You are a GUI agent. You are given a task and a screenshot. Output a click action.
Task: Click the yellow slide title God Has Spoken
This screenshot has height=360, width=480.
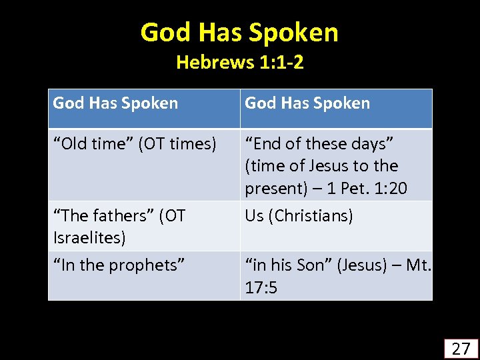[x=239, y=33]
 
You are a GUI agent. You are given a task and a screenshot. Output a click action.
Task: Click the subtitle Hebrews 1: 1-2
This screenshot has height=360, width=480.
[x=239, y=63]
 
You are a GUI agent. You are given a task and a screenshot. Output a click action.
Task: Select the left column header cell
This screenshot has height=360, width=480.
[x=144, y=108]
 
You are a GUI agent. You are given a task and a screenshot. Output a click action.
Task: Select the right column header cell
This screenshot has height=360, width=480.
[x=336, y=108]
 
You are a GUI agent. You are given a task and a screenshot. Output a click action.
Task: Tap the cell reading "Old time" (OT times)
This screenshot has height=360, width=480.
[x=144, y=164]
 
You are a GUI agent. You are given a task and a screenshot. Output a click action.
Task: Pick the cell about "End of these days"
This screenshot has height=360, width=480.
[x=336, y=165]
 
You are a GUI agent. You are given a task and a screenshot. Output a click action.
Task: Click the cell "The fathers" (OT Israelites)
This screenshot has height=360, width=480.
[x=144, y=226]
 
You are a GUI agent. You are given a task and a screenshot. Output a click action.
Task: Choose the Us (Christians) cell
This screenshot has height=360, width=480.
[x=336, y=226]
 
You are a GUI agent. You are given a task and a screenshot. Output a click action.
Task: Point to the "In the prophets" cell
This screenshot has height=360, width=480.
[x=144, y=275]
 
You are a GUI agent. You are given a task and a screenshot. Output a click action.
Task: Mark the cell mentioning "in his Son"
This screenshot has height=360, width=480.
[x=336, y=275]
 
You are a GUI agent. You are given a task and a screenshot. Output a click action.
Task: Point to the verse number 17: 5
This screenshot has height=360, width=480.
[x=261, y=288]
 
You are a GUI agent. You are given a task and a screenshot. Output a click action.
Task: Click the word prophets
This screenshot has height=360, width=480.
[x=147, y=265]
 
